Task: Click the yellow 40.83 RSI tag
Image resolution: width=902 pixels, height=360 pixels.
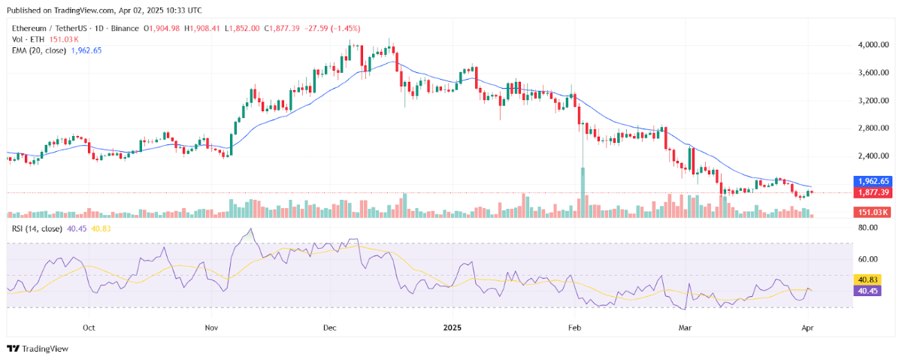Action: (866, 279)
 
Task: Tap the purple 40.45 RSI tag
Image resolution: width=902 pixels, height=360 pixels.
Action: (866, 289)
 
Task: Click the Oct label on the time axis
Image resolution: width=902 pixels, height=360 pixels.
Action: (89, 328)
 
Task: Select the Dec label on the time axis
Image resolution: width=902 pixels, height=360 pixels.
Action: (329, 328)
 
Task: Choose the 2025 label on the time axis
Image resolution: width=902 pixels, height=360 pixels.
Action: (453, 328)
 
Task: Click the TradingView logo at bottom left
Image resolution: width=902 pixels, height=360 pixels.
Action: (38, 349)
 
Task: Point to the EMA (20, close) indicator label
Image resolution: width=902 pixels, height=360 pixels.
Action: (38, 50)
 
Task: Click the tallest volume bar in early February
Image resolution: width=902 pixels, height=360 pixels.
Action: (583, 192)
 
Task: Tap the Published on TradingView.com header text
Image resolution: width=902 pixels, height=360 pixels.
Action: (105, 11)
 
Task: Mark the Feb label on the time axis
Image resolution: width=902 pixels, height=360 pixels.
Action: (575, 328)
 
